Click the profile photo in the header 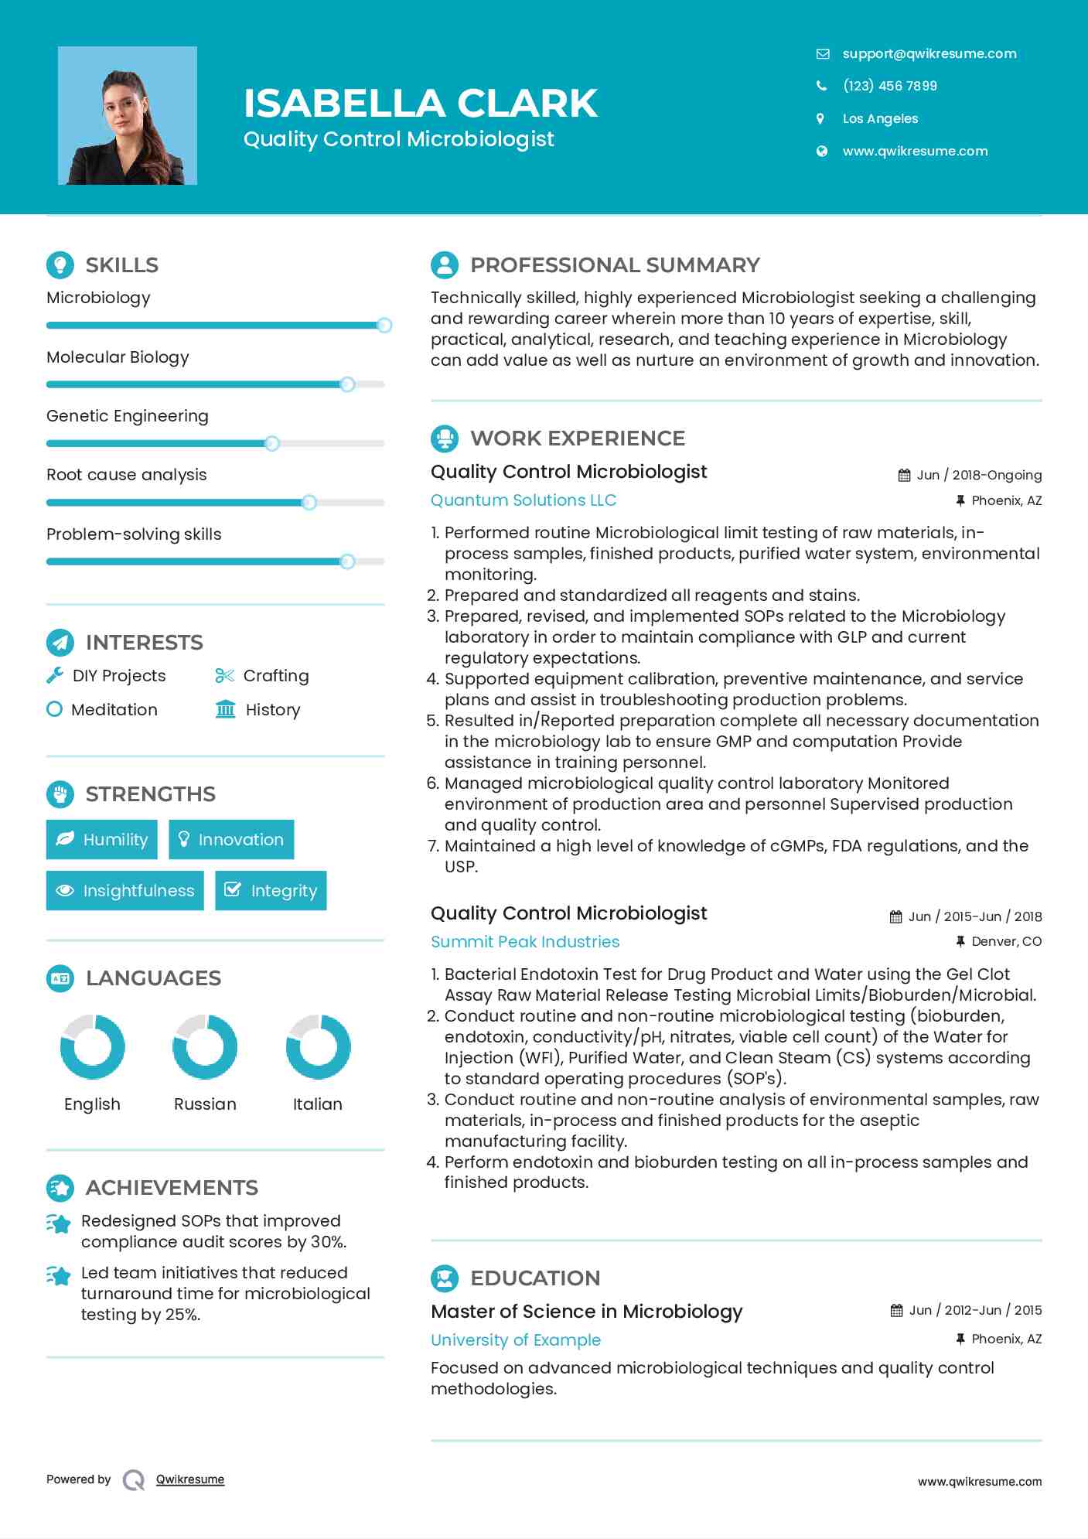click(128, 116)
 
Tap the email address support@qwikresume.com click(929, 53)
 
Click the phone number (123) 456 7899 click(889, 86)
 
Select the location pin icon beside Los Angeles click(820, 118)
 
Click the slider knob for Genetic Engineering click(271, 443)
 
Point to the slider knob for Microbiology click(384, 325)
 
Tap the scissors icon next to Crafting click(224, 676)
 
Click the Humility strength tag click(101, 839)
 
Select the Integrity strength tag click(271, 890)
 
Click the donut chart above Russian click(205, 1046)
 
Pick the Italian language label click(317, 1104)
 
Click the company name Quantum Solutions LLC click(523, 500)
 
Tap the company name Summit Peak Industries click(525, 941)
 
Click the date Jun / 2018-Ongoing click(978, 475)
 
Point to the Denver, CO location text click(1006, 941)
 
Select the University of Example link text click(516, 1339)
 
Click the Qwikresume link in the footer click(190, 1479)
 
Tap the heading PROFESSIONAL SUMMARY click(615, 265)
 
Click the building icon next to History click(225, 709)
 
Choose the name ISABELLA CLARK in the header click(421, 103)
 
